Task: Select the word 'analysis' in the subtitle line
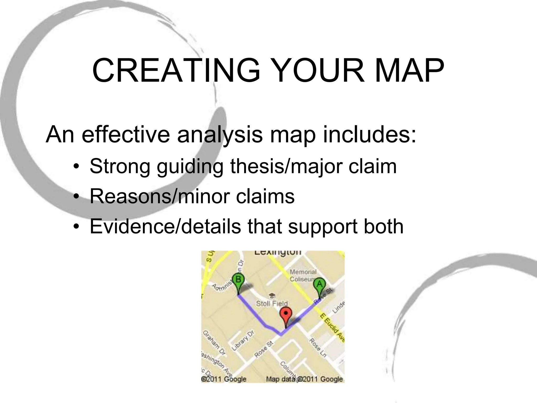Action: click(x=220, y=134)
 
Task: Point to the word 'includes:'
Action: click(x=369, y=134)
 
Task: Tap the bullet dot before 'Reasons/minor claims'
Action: click(x=76, y=197)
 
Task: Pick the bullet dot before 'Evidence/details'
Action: click(x=76, y=227)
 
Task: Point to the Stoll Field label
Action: click(x=272, y=304)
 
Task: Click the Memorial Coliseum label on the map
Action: click(x=303, y=275)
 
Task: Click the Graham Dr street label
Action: click(x=214, y=343)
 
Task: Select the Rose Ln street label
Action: click(x=318, y=348)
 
